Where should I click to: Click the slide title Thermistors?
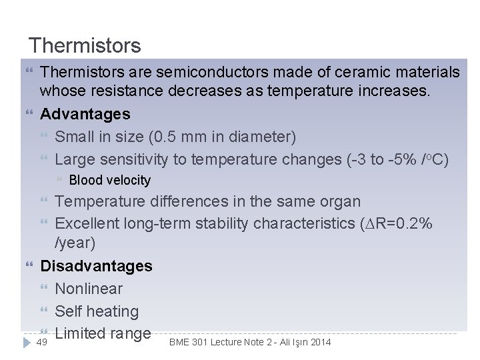pyautogui.click(x=85, y=45)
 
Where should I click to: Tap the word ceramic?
pyautogui.click(x=353, y=71)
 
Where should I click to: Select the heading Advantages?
pyautogui.click(x=85, y=114)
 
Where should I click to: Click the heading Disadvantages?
pyautogui.click(x=96, y=266)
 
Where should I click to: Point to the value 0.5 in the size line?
pyautogui.click(x=165, y=137)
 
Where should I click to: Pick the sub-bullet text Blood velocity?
pyautogui.click(x=110, y=180)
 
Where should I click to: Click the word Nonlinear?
pyautogui.click(x=89, y=289)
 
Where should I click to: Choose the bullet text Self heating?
pyautogui.click(x=97, y=311)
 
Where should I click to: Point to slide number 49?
pyautogui.click(x=41, y=342)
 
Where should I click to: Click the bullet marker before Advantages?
pyautogui.click(x=27, y=114)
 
